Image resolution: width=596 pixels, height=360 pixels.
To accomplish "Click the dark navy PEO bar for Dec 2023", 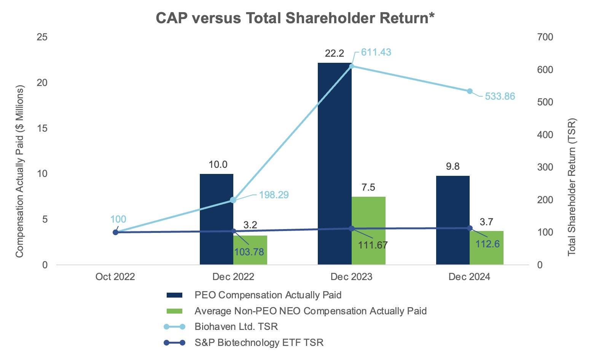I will (x=335, y=164).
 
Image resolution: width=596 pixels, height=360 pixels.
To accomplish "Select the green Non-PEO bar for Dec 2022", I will (x=250, y=250).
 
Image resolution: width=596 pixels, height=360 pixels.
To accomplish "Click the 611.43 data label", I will (x=376, y=52).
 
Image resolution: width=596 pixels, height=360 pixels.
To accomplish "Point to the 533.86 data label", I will (x=500, y=96).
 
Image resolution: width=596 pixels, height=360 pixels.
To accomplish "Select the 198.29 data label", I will (x=274, y=195).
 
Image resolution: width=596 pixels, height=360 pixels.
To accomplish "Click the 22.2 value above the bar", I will (x=335, y=53).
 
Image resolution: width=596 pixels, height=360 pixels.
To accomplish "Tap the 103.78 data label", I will (x=249, y=252).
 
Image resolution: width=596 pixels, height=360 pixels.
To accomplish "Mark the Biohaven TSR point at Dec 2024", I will (x=470, y=91).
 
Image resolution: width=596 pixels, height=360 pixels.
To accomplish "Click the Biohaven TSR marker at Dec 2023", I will (x=352, y=66).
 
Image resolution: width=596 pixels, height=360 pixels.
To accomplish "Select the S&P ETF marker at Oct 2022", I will (x=115, y=232).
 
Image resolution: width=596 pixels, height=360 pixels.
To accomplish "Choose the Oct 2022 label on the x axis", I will (x=115, y=277).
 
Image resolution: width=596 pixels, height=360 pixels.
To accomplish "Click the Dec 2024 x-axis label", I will (x=469, y=277).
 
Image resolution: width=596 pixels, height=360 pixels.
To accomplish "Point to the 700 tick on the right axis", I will (x=545, y=37).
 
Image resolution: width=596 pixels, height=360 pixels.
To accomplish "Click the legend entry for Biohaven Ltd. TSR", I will (x=236, y=327).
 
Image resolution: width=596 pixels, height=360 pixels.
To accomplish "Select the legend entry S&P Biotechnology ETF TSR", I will (x=259, y=342).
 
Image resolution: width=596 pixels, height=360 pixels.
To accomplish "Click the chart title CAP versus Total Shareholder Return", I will (x=295, y=18).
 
